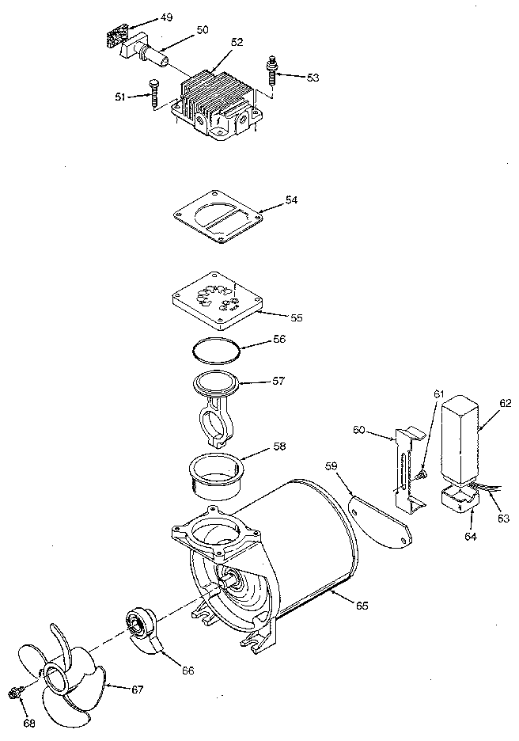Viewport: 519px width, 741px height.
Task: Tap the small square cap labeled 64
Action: coord(458,500)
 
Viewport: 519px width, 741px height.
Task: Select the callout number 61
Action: coord(439,393)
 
